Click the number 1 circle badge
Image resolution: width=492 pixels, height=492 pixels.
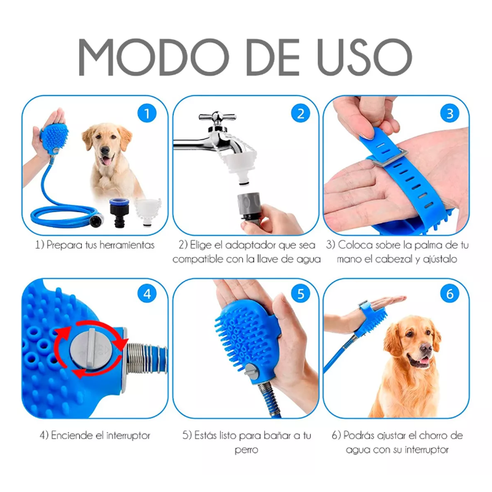pos(146,113)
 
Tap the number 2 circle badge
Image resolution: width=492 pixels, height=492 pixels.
pos(301,113)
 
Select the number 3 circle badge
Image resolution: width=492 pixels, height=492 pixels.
pos(450,113)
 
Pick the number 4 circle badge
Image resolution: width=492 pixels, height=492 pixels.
pos(146,294)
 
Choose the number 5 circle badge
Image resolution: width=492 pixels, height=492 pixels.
pos(301,294)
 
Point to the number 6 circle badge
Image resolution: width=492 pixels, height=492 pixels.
pos(450,294)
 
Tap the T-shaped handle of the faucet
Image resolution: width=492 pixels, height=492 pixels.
pos(216,117)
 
